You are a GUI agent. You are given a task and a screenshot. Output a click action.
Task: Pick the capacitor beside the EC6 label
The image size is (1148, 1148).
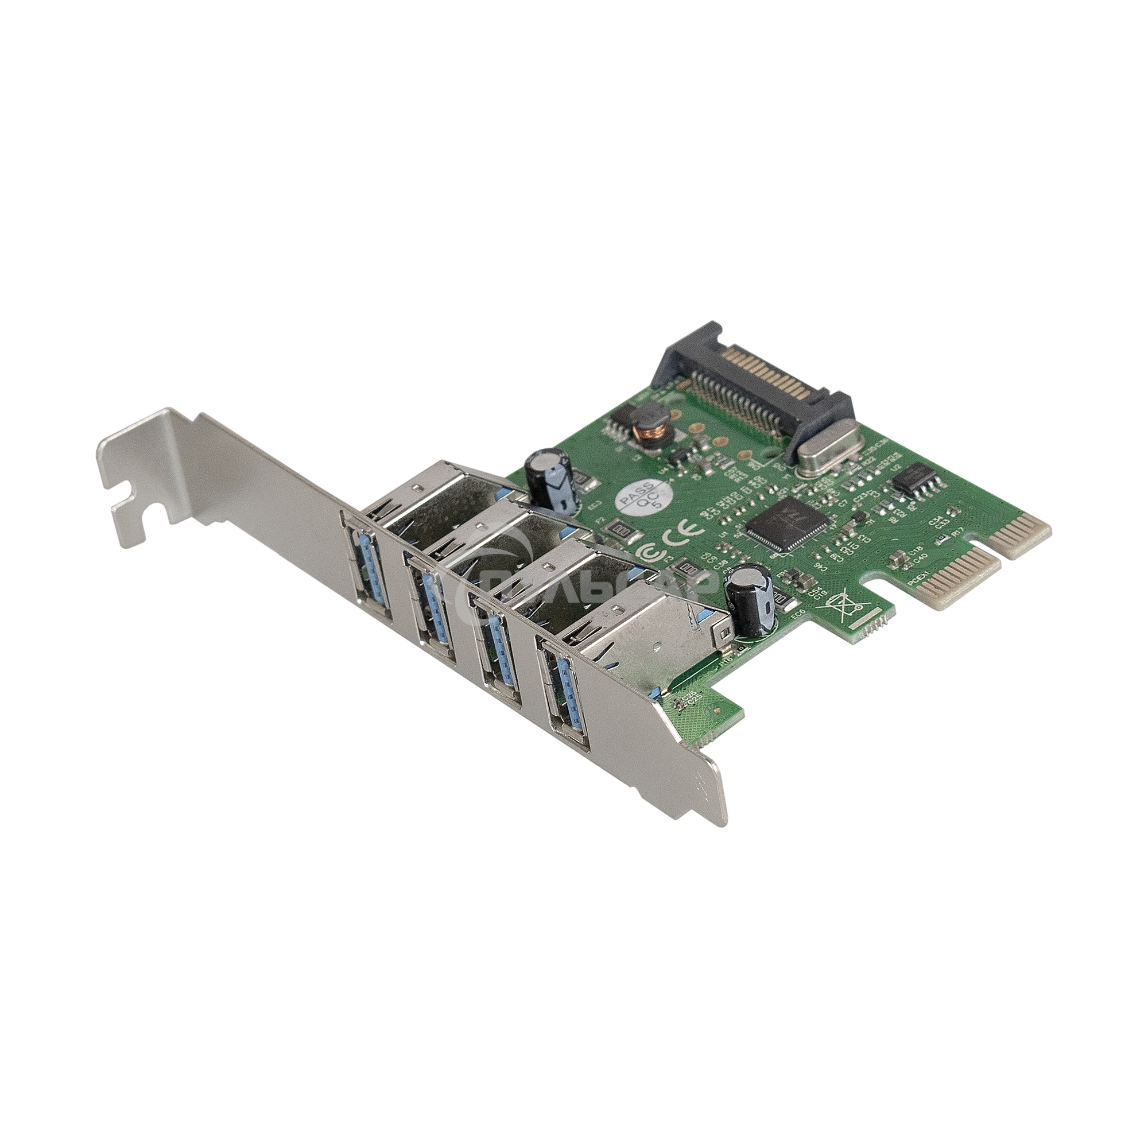pyautogui.click(x=753, y=600)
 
